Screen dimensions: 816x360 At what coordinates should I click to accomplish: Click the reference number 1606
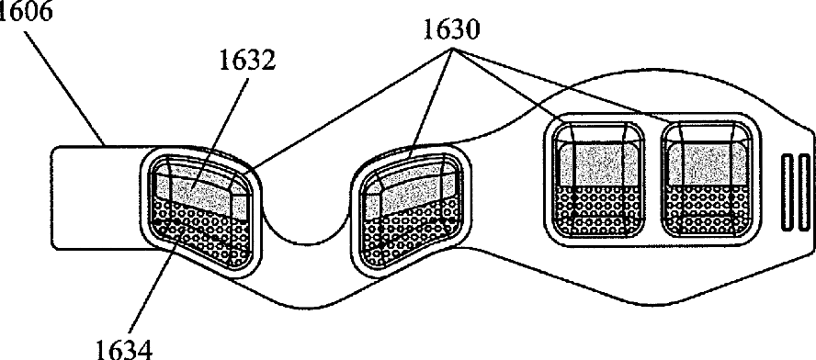pos(26,11)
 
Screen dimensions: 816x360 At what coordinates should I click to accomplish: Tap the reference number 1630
pos(450,30)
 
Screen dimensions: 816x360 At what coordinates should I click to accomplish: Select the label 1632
pos(246,62)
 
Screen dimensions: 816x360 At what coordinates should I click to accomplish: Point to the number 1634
pos(125,348)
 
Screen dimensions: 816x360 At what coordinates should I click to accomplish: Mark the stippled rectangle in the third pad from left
pos(599,163)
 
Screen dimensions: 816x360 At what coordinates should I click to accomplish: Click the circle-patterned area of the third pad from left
pos(598,209)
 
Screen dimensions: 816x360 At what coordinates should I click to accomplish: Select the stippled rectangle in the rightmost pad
pos(706,163)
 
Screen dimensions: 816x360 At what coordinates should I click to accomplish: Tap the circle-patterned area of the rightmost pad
pos(707,209)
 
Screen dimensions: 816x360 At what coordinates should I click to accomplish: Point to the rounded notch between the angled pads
pos(307,229)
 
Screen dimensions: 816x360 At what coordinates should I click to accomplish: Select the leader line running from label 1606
pos(64,87)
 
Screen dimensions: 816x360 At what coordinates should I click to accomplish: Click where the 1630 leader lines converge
pos(452,50)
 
